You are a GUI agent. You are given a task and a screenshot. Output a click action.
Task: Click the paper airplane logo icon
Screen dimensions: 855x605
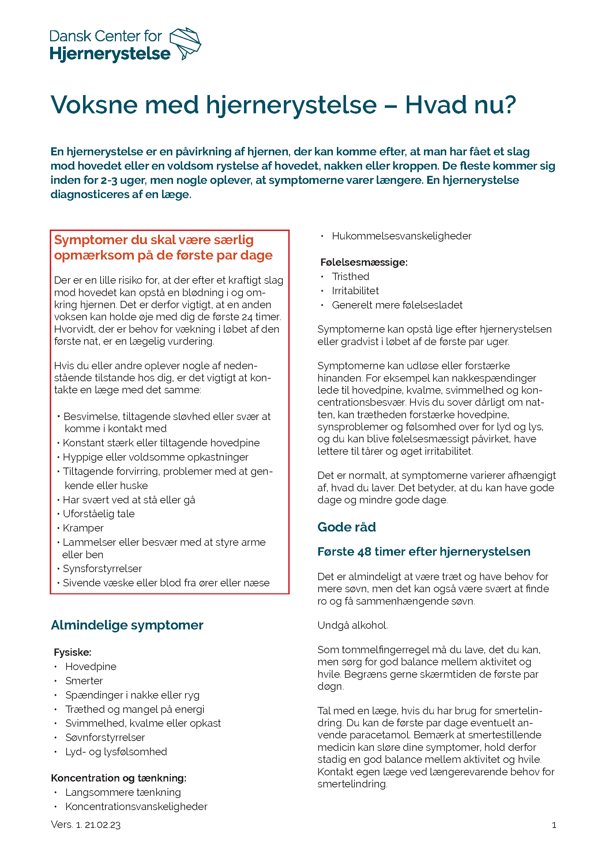185,43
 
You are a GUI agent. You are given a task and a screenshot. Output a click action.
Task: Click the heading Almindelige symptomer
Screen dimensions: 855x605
127,625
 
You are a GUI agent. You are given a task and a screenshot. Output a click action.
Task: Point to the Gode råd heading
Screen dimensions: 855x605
346,527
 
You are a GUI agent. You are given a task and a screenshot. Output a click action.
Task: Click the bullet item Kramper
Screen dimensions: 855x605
83,528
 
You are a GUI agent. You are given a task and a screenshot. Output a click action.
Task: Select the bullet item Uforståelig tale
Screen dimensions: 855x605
99,514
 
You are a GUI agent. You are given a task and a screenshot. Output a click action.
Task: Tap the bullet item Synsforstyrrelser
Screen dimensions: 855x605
102,569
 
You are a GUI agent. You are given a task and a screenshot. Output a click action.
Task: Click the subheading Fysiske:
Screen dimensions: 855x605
73,652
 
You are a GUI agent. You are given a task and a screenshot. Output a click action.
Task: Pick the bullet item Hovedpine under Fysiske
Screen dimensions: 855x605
90,667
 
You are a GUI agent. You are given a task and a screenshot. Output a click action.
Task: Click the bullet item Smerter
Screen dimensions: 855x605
84,681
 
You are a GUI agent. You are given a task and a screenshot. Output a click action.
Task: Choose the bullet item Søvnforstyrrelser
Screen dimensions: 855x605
105,737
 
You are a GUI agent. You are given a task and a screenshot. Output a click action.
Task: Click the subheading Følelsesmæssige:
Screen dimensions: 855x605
364,262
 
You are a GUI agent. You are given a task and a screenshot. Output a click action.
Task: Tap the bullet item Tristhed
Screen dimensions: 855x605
350,277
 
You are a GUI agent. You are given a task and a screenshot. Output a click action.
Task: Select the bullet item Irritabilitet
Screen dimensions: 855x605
355,291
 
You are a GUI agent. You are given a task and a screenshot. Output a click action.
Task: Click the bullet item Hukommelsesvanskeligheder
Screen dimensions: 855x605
402,236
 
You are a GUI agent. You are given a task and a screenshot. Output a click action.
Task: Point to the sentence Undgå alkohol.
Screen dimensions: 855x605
352,625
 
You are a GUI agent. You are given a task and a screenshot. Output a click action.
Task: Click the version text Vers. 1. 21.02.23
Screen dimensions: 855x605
86,825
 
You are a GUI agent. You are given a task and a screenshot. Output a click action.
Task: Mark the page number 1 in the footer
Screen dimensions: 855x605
554,825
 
